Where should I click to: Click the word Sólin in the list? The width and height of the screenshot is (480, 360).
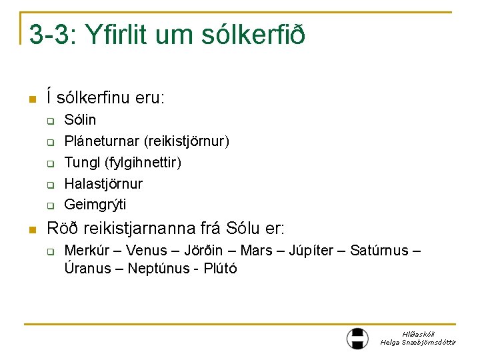point(80,120)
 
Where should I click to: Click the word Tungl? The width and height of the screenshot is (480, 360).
point(80,162)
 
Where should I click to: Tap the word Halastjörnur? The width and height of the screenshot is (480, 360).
point(103,183)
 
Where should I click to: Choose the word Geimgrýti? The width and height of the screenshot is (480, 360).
point(95,204)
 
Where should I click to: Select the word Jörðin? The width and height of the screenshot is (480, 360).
point(204,251)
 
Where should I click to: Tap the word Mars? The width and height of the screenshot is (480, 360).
point(257,251)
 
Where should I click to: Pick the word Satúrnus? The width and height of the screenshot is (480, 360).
point(379,251)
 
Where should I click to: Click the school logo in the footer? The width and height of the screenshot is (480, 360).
point(357,338)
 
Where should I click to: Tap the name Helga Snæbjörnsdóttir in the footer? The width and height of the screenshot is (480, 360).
point(418,342)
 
